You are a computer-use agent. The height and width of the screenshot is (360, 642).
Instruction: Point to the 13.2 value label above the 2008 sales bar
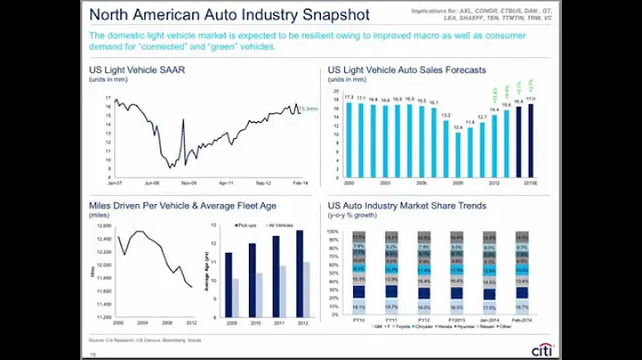(x=446, y=114)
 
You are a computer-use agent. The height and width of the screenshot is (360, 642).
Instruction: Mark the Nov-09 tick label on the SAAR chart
(x=188, y=182)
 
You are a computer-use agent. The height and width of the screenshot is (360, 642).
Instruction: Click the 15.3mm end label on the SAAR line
(x=309, y=109)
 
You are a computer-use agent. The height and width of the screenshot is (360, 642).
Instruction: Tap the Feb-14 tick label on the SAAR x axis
(x=301, y=182)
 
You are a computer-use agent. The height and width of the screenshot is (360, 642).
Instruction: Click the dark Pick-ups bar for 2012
(x=300, y=271)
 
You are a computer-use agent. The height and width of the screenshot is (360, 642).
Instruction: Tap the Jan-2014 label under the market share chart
(x=490, y=319)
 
